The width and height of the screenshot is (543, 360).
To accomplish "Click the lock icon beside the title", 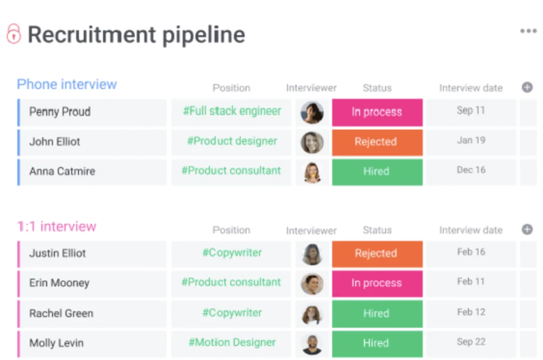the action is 14,33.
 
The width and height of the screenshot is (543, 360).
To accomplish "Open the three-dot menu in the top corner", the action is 528,31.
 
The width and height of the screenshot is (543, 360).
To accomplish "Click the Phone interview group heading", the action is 67,84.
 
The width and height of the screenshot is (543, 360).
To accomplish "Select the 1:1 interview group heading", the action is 57,226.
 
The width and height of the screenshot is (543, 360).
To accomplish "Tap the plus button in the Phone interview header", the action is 527,87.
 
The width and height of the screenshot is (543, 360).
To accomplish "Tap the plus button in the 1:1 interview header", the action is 527,229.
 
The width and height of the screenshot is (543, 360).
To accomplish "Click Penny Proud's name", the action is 60,111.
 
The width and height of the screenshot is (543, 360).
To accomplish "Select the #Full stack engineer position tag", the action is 232,111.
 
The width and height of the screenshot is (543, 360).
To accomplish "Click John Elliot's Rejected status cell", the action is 377,142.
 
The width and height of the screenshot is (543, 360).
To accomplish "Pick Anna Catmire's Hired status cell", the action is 377,172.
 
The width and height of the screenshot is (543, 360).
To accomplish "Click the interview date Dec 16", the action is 471,170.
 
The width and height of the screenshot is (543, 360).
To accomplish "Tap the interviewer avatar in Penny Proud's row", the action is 312,112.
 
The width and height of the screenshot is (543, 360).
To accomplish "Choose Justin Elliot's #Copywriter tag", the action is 232,253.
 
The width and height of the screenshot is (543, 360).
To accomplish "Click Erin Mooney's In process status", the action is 377,284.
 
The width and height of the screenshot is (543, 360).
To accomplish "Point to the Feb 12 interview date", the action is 471,312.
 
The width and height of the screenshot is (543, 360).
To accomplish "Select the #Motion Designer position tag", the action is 232,343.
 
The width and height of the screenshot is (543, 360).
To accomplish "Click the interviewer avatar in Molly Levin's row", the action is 312,344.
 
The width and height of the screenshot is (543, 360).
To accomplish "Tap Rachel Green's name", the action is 62,313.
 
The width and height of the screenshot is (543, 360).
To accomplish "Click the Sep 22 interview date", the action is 471,341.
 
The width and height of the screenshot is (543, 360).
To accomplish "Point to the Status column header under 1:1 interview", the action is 377,230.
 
